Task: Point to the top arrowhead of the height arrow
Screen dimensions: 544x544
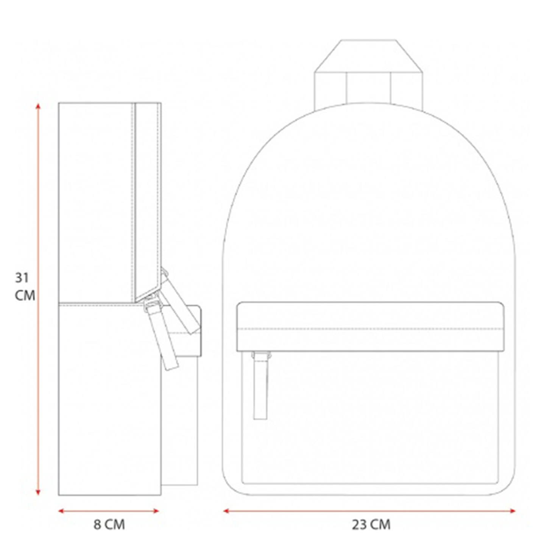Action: pos(38,106)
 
